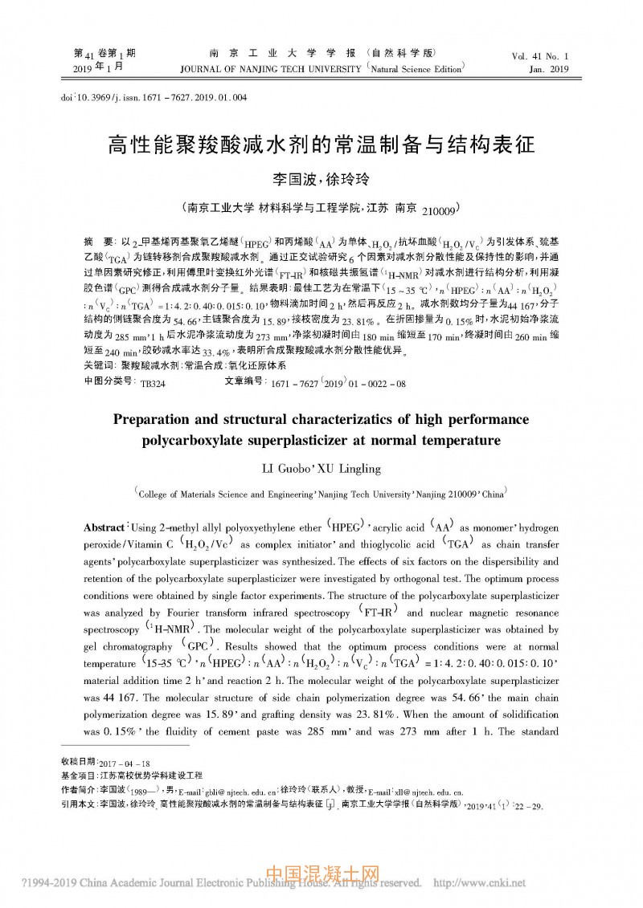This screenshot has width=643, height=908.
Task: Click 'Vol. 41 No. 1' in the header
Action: pos(539,57)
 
